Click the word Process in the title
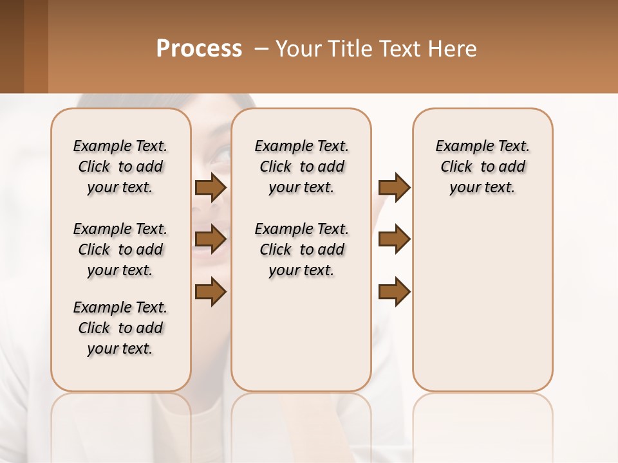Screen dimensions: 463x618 click(x=199, y=49)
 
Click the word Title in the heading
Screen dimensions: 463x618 click(x=346, y=49)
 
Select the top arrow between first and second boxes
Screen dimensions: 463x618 click(x=211, y=188)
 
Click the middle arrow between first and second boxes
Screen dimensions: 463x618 click(x=211, y=240)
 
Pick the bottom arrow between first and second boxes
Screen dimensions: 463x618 click(x=211, y=292)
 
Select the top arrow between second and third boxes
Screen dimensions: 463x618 click(x=394, y=188)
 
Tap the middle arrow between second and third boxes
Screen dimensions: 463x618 click(x=394, y=240)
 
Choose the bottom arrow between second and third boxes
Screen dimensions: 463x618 click(x=394, y=292)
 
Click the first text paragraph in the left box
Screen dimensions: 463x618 click(x=120, y=167)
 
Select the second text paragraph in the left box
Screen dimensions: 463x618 click(x=120, y=250)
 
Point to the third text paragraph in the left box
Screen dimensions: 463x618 click(x=120, y=328)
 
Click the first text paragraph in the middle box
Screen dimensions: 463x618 click(x=301, y=167)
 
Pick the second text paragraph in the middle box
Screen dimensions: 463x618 click(x=301, y=250)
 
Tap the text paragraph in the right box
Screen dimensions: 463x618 click(x=482, y=167)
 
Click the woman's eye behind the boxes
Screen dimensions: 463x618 click(x=221, y=154)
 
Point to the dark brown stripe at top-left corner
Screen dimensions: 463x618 click(x=12, y=46)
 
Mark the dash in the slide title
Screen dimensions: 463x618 click(x=261, y=49)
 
